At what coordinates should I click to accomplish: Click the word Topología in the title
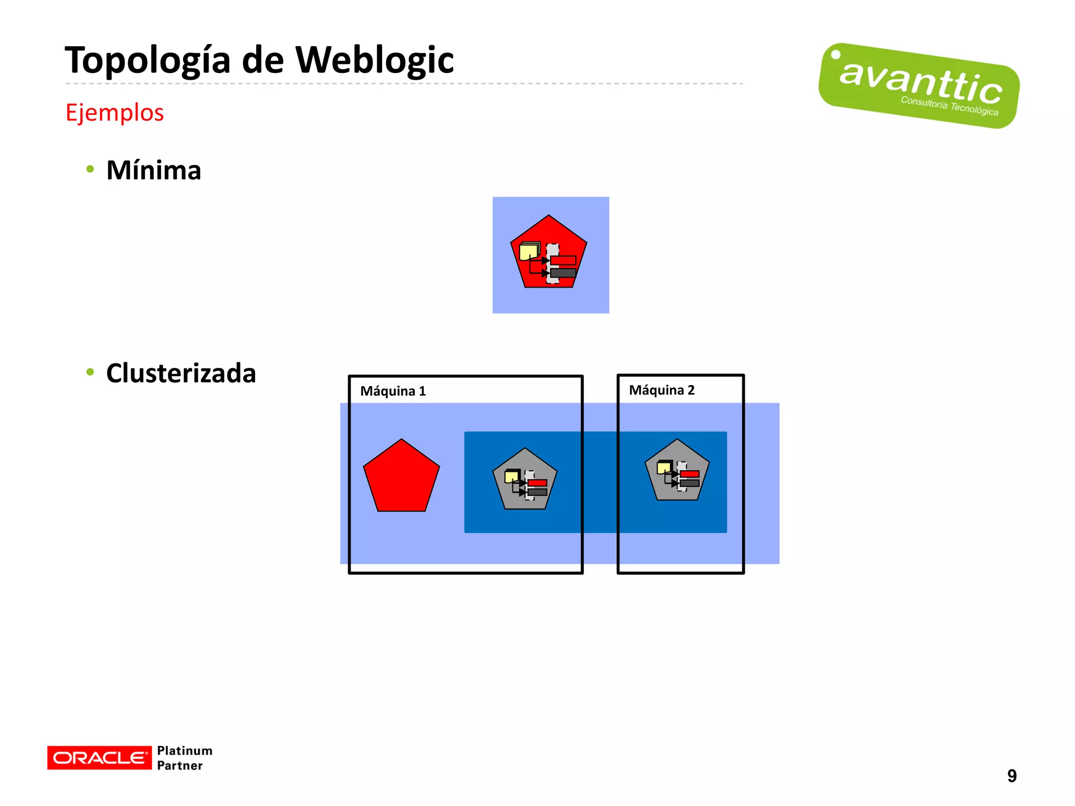[147, 60]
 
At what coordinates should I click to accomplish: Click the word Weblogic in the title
[374, 60]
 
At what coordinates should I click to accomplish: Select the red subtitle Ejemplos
[114, 112]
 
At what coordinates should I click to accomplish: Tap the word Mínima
[153, 171]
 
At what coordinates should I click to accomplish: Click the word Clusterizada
[181, 373]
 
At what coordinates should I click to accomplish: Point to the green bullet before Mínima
[90, 169]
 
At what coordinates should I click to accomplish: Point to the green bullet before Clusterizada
[90, 372]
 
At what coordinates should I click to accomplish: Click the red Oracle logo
[99, 758]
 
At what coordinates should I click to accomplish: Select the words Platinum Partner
[184, 758]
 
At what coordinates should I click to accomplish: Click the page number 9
[1011, 776]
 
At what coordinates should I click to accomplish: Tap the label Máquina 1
[393, 391]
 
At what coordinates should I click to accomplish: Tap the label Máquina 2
[661, 390]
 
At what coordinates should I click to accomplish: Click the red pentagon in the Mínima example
[549, 231]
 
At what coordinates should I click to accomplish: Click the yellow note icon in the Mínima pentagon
[529, 252]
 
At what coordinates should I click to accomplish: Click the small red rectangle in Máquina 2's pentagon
[689, 474]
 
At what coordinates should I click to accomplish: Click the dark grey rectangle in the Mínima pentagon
[563, 273]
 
